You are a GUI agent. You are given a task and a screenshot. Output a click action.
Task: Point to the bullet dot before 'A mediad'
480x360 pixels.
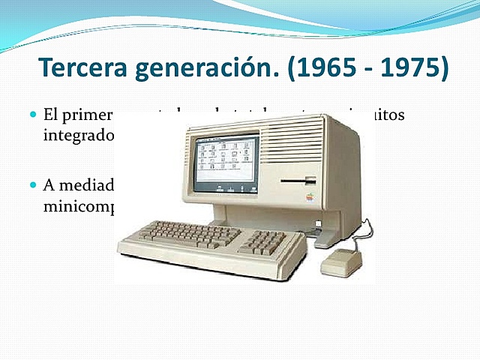32,184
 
